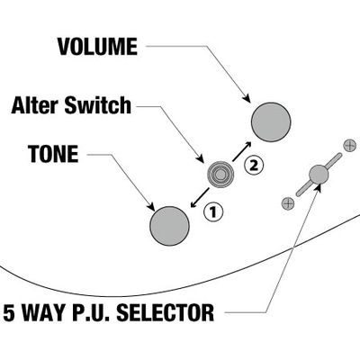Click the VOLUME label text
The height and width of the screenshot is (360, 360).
[97, 47]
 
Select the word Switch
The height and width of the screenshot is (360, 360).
[98, 105]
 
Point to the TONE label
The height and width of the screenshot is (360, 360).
[53, 154]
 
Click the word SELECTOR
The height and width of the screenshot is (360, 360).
[166, 312]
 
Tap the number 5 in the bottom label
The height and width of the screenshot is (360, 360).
[9, 313]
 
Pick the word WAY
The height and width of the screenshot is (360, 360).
[45, 313]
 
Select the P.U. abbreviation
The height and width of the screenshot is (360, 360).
[93, 313]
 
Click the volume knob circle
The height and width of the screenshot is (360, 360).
[271, 122]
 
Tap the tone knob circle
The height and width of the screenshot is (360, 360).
[169, 226]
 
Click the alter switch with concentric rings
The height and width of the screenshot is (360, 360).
[220, 175]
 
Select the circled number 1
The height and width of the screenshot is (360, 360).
[213, 212]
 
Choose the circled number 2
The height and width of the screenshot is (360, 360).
[254, 165]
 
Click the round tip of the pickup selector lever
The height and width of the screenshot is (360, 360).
[319, 175]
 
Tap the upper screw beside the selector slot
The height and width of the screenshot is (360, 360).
[349, 146]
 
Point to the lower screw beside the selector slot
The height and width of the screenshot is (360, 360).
[288, 203]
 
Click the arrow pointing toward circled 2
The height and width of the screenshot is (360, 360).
[241, 151]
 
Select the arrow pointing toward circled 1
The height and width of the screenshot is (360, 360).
[200, 198]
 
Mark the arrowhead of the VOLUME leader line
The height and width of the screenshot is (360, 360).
[247, 98]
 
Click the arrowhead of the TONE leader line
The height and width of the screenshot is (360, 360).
[151, 207]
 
